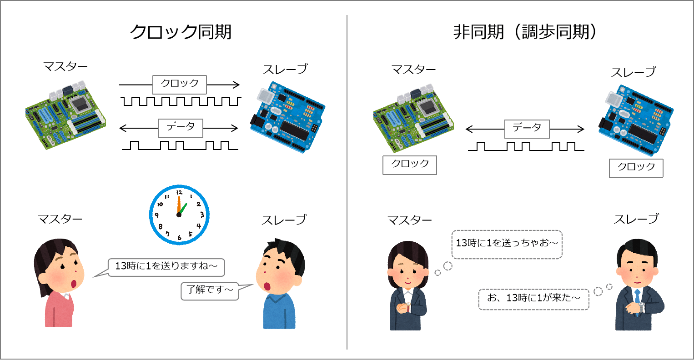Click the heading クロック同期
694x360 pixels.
pyautogui.click(x=181, y=32)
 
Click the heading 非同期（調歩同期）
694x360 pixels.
pyautogui.click(x=525, y=32)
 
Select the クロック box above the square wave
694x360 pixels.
pyautogui.click(x=179, y=85)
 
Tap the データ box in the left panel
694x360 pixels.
pyautogui.click(x=180, y=128)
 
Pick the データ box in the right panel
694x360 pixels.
pyautogui.click(x=527, y=129)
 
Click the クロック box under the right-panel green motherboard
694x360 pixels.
pyautogui.click(x=410, y=165)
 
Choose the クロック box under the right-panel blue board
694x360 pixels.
pyautogui.click(x=636, y=168)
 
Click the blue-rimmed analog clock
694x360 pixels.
pyautogui.click(x=179, y=215)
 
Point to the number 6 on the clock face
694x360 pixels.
pyautogui.click(x=179, y=237)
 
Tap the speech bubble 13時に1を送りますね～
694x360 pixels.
pyautogui.click(x=166, y=267)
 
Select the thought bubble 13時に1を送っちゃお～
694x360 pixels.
pyautogui.click(x=507, y=244)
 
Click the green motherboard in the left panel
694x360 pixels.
pyautogui.click(x=65, y=115)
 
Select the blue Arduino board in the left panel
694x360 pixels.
pyautogui.click(x=287, y=117)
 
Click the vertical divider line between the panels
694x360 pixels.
pyautogui.click(x=347, y=182)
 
